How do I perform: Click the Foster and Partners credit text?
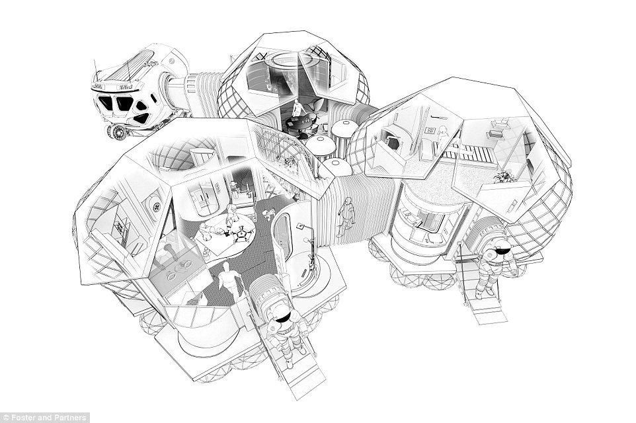tap(40, 417)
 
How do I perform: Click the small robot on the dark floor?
tap(268, 214)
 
